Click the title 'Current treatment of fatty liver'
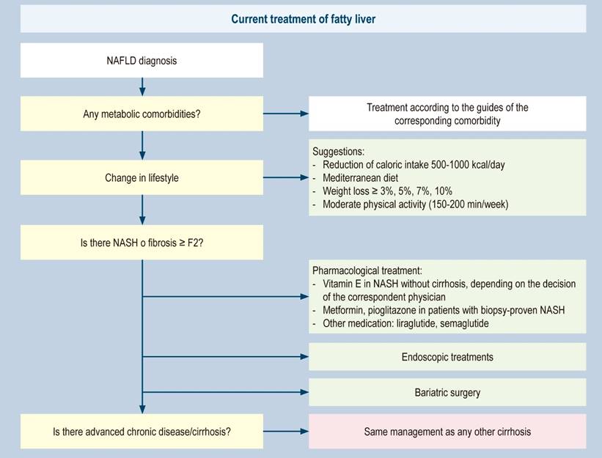pos(303,19)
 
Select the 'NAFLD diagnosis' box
pos(142,61)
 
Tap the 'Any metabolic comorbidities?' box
pos(142,114)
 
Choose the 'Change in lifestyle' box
pos(142,177)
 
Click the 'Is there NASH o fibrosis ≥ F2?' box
pos(142,243)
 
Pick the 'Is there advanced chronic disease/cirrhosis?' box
pos(142,432)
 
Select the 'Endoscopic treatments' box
pos(447,357)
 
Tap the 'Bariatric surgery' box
pos(447,393)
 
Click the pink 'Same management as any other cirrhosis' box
pos(447,432)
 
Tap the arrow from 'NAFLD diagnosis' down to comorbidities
pos(142,86)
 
